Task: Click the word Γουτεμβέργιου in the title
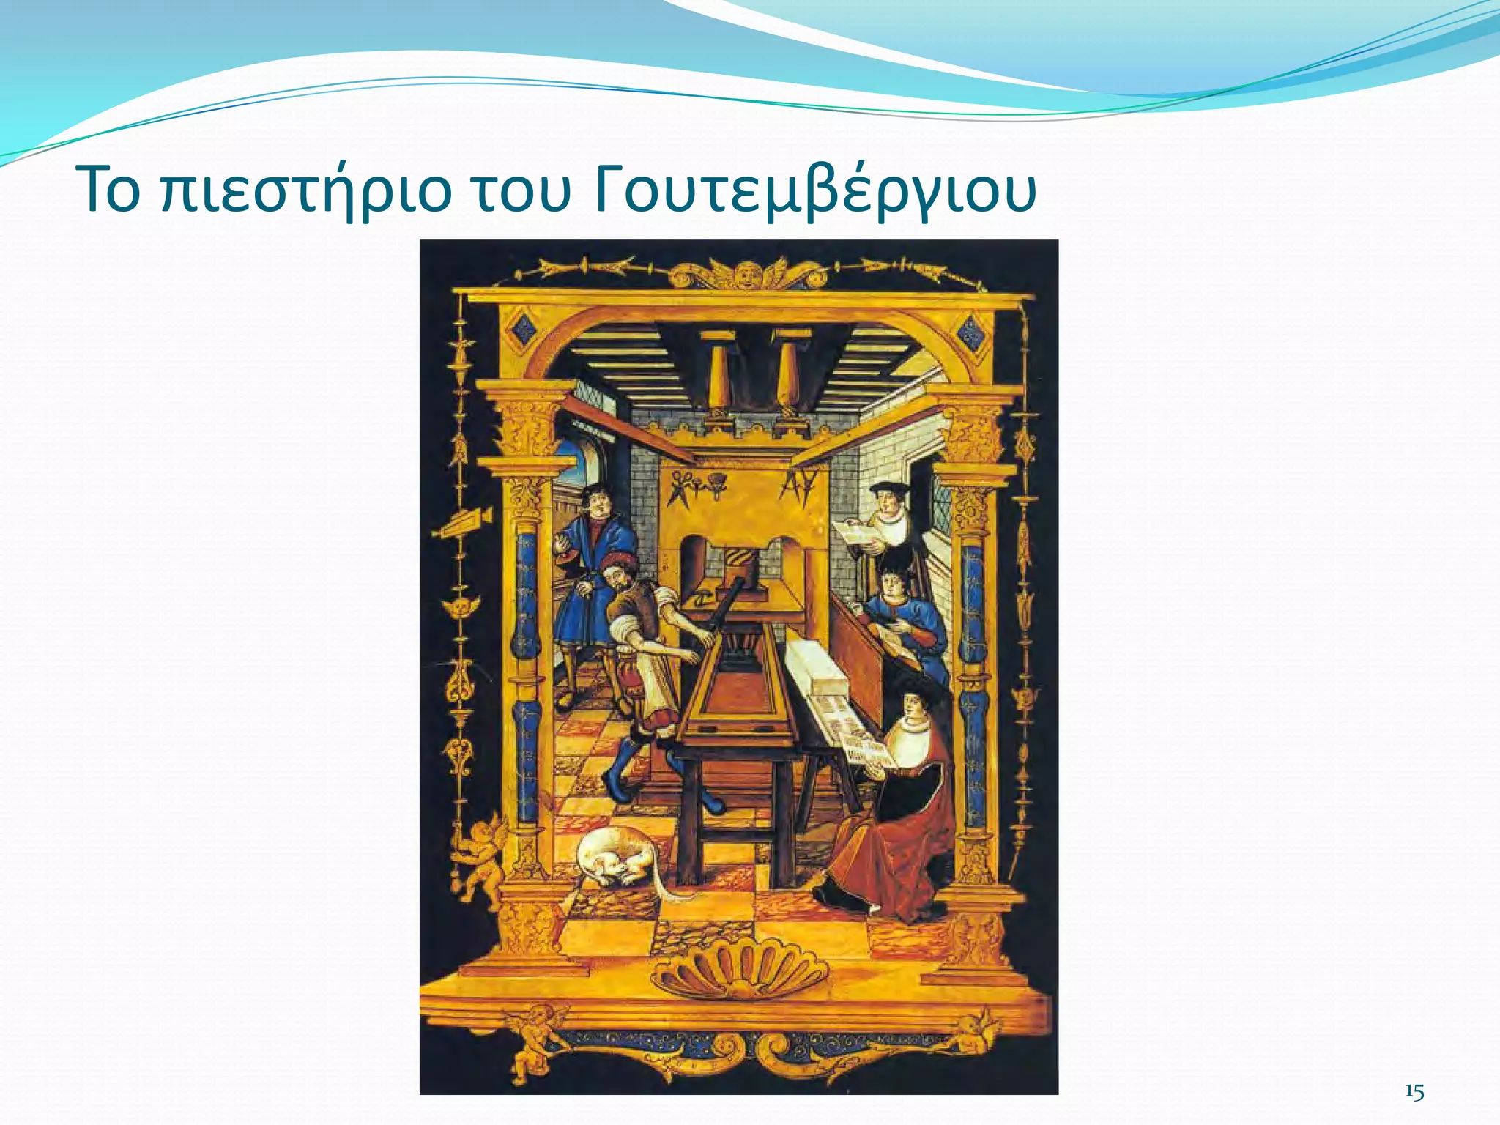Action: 815,192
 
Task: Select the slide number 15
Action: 1414,1092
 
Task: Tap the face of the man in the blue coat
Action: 598,502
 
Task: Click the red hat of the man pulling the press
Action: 620,565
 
